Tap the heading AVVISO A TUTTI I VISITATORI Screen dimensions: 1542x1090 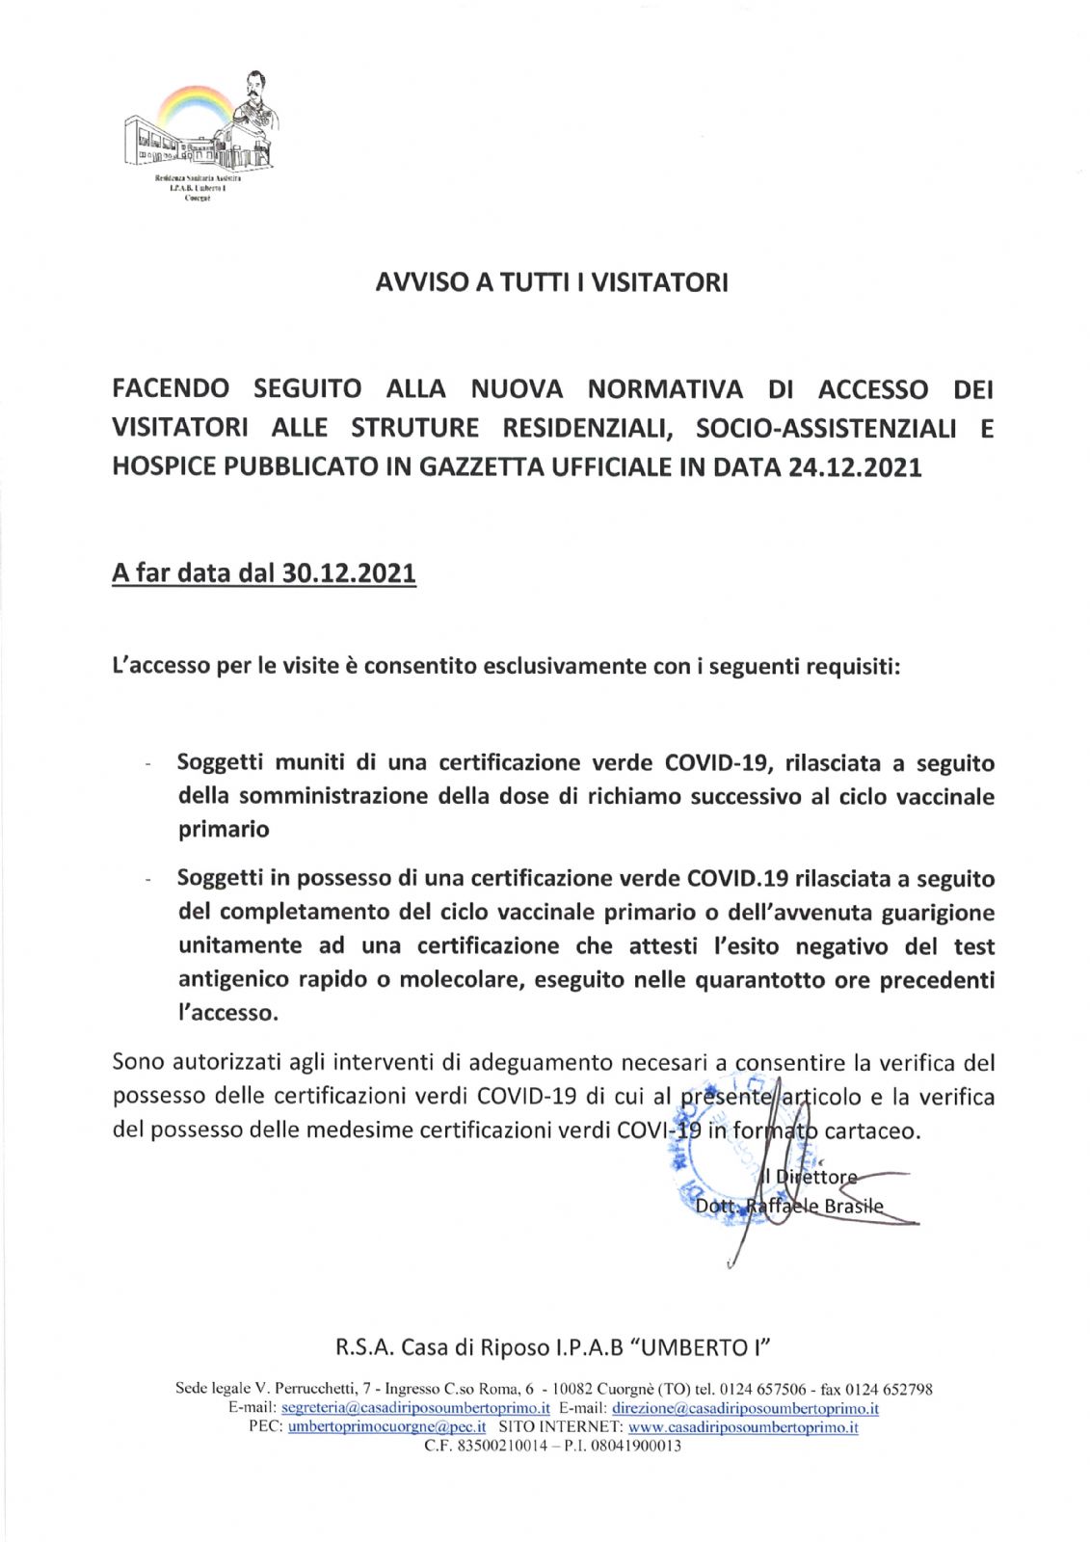(550, 282)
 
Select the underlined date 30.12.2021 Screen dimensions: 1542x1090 (349, 573)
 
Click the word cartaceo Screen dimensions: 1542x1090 (871, 1130)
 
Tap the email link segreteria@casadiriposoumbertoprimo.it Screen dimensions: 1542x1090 (415, 1408)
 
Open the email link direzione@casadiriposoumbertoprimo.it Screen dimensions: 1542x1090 (745, 1408)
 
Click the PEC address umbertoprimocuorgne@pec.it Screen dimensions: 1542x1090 (386, 1427)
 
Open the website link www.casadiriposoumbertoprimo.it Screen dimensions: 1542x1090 (743, 1427)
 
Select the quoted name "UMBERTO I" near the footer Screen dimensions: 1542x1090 (708, 1347)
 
